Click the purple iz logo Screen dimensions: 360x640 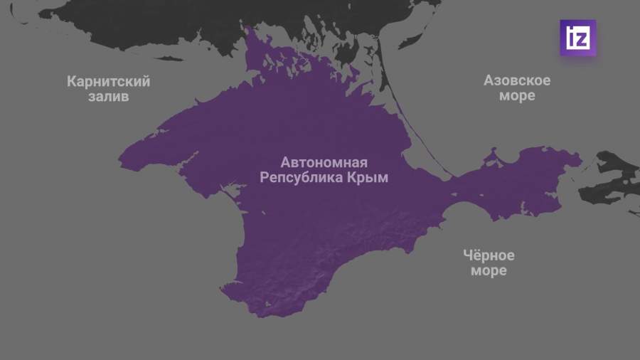577,38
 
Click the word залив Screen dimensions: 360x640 109,96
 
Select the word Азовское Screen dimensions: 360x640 517,80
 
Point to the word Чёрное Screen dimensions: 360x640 489,255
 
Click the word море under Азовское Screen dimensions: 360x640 517,95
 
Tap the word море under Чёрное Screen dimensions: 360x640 489,271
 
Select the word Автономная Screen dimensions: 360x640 324,162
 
